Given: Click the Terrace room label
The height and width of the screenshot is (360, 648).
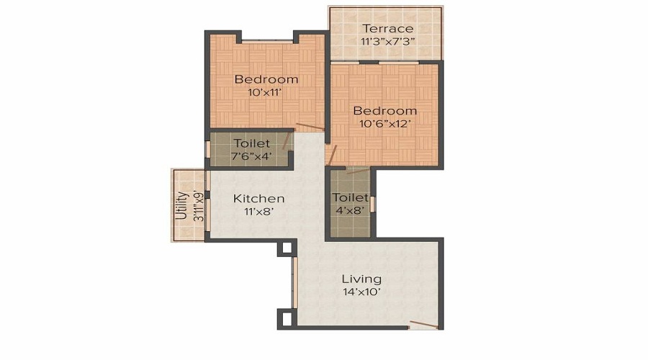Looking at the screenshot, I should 387,29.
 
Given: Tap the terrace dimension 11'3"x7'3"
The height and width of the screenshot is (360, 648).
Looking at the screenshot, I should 387,42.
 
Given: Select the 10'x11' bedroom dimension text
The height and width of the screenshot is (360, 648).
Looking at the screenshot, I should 266,92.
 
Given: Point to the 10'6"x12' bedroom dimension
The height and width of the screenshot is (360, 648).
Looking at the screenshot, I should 385,124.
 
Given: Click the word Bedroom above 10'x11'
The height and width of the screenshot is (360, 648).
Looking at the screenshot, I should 266,79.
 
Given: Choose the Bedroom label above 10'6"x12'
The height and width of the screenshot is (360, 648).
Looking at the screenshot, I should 385,111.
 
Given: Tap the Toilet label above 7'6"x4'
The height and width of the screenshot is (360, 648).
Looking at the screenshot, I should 251,143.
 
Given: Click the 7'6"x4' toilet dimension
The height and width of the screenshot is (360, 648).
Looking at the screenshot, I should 251,156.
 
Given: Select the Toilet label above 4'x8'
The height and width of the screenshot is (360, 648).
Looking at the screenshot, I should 350,197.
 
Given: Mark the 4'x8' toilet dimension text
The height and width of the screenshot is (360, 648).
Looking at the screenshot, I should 350,211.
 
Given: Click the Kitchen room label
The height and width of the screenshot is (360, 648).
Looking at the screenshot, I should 258,198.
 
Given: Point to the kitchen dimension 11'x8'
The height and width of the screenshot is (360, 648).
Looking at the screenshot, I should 258,212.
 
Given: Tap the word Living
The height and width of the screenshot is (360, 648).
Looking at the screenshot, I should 361,279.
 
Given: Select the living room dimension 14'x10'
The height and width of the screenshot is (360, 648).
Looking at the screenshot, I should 361,292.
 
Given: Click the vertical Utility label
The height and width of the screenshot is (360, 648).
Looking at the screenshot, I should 181,205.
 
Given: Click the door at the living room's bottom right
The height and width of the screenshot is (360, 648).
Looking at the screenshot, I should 423,325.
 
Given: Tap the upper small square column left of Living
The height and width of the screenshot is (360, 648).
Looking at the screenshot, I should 286,248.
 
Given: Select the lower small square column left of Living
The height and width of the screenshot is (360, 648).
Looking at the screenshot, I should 286,318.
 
